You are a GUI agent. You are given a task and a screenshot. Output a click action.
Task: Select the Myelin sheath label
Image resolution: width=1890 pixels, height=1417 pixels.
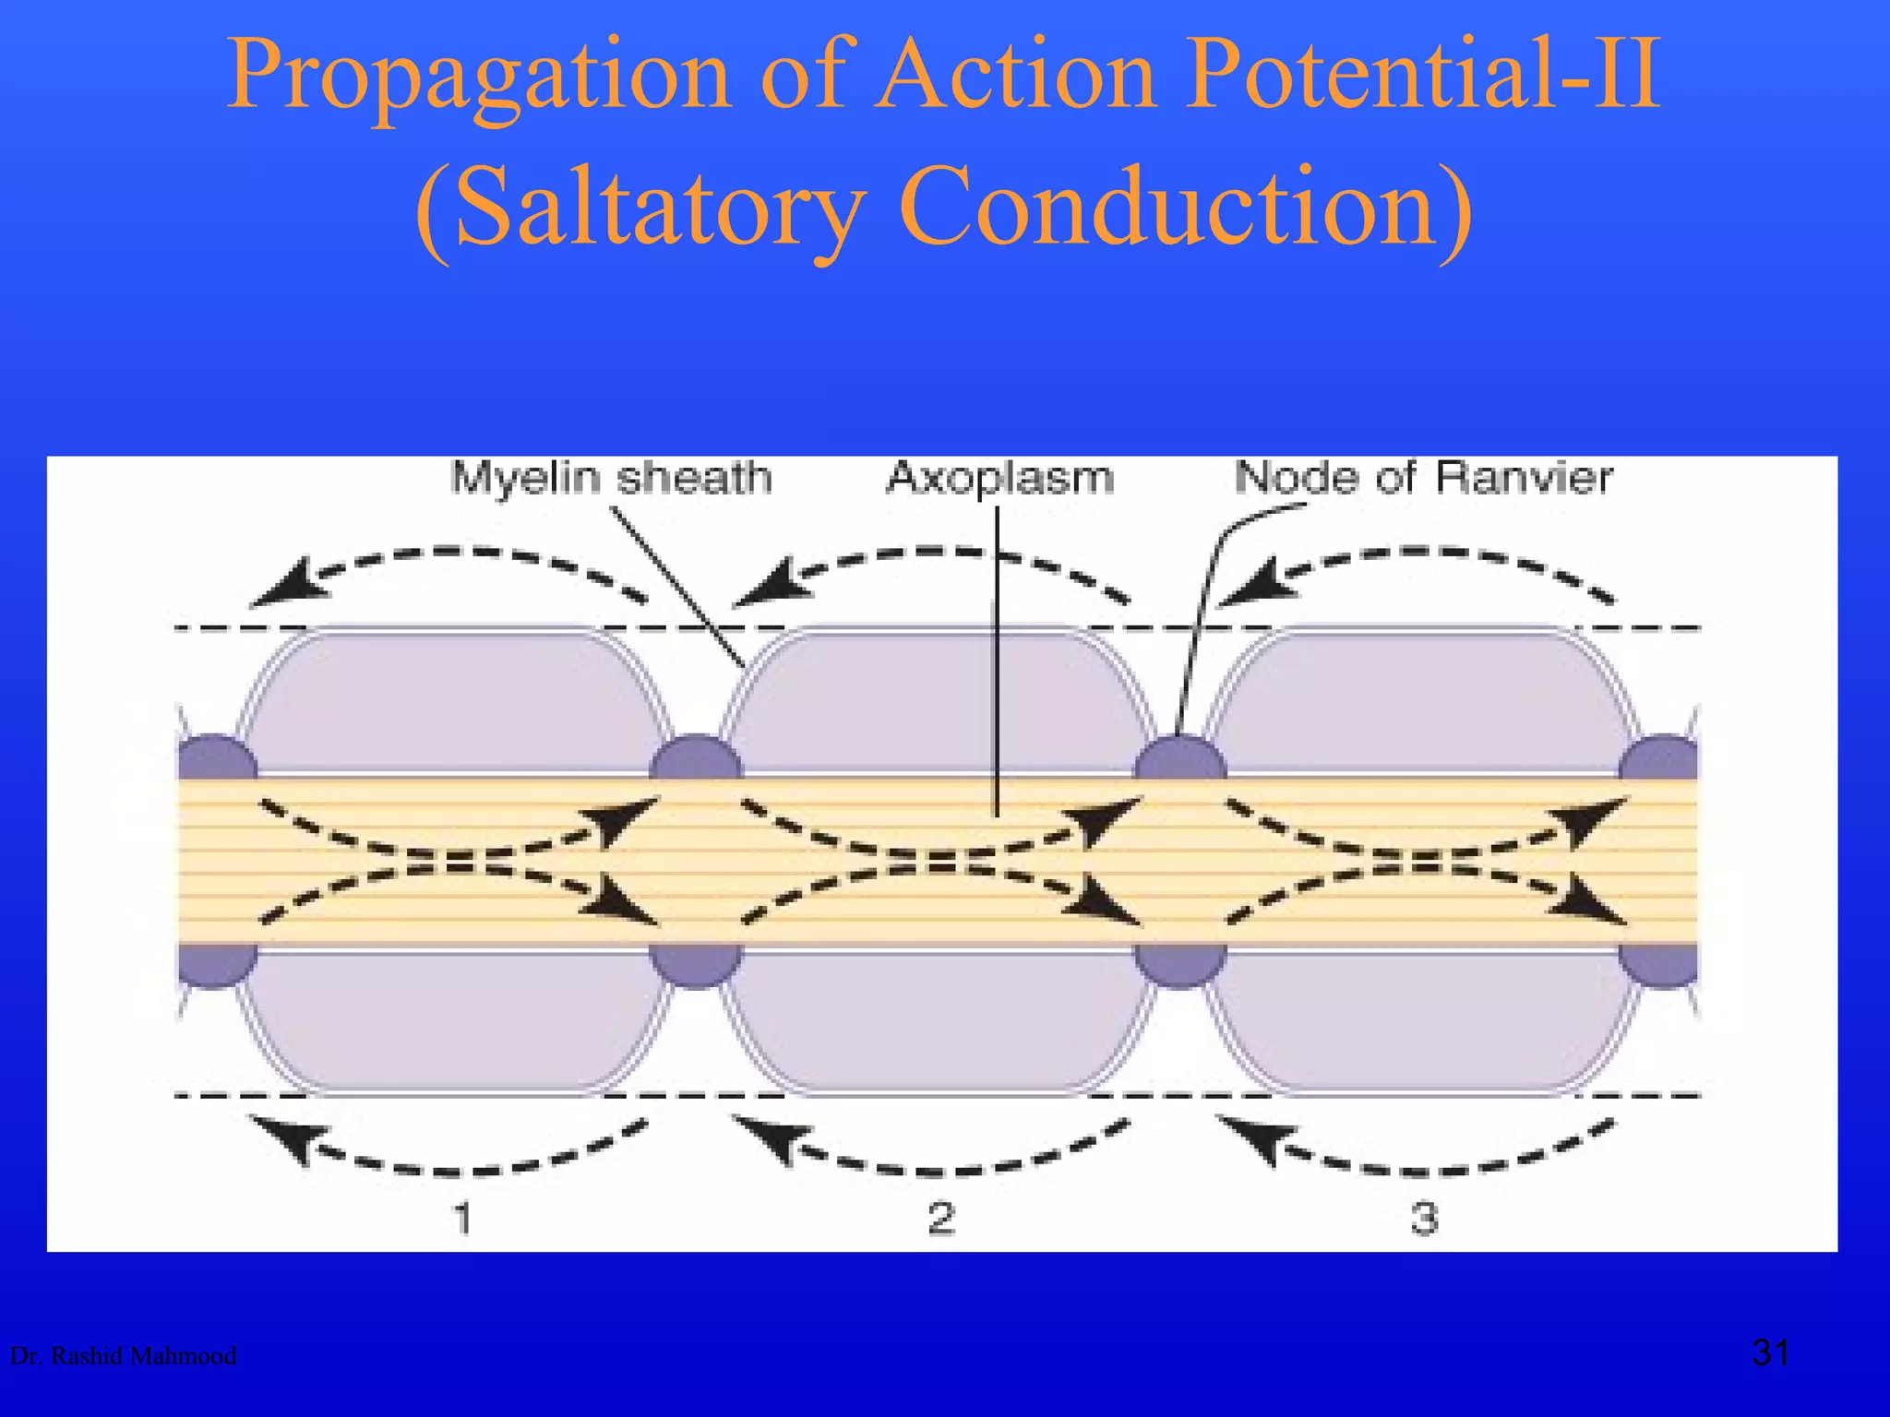[611, 478]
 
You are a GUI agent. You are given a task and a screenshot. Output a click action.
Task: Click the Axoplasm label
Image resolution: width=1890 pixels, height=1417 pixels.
[999, 478]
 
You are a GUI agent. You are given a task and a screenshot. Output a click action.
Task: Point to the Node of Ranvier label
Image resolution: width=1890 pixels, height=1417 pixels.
[1423, 478]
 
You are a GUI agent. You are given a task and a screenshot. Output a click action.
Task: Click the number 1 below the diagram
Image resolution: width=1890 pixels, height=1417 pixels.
[463, 1218]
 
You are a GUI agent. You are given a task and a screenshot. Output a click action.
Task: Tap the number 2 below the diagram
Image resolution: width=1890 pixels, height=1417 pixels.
[941, 1218]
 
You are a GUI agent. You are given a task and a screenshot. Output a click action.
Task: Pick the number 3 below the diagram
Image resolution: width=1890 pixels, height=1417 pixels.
[1424, 1218]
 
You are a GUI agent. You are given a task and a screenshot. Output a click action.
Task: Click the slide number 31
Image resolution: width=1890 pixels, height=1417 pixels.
[1770, 1353]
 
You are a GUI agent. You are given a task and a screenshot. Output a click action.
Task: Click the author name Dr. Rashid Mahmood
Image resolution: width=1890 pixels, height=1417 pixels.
[123, 1356]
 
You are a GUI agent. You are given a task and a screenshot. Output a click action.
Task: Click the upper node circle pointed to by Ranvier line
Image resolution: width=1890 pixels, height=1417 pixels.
[1179, 759]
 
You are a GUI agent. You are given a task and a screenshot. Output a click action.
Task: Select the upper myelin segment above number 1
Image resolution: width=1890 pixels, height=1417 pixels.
[452, 701]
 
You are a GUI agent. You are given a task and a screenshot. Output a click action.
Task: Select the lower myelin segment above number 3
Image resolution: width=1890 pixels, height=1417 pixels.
[1421, 1019]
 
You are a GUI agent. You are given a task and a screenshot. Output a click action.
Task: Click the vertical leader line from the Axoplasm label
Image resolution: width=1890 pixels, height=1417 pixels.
[998, 664]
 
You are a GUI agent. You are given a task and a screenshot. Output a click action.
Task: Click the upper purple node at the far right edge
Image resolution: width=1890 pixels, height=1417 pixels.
[1661, 759]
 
